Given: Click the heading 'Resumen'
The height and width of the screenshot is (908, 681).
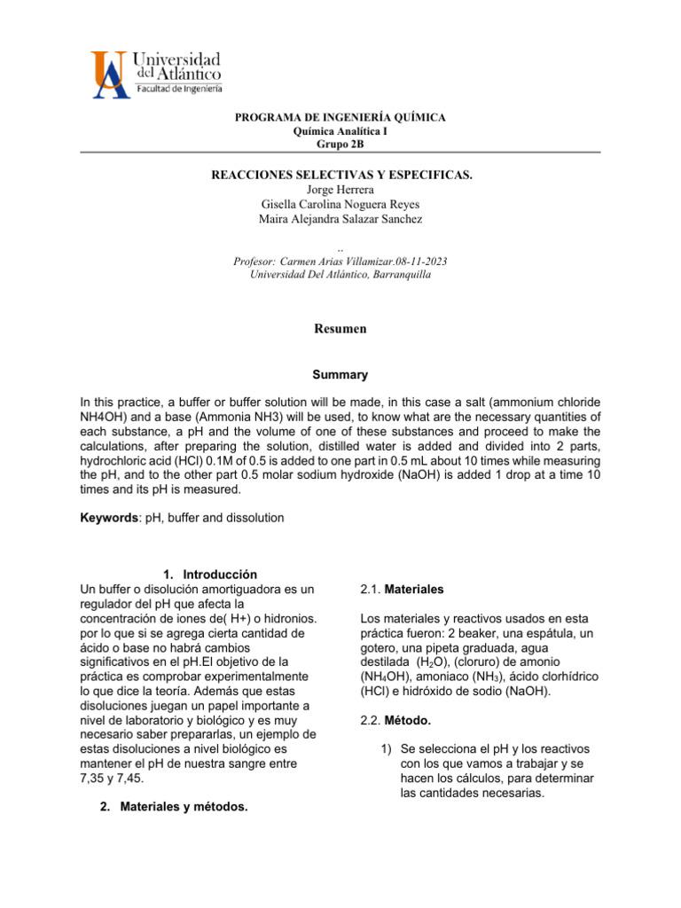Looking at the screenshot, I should [340, 328].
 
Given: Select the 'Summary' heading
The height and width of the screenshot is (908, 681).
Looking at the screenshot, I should [340, 375].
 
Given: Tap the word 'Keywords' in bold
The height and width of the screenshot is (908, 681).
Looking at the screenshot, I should [106, 517].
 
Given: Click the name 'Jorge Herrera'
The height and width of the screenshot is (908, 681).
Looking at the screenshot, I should [340, 189].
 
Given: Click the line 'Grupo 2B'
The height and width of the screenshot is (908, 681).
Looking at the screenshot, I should [340, 144].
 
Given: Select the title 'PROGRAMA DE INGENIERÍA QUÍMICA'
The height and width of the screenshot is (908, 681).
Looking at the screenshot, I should [340, 118].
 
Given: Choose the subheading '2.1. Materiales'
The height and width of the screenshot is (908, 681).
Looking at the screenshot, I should [403, 589].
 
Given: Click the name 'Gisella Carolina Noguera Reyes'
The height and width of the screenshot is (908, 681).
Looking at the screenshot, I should [340, 204].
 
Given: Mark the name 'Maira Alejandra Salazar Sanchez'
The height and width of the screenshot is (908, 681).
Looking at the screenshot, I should [340, 219].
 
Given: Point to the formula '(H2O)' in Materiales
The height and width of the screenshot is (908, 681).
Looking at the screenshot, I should [427, 661].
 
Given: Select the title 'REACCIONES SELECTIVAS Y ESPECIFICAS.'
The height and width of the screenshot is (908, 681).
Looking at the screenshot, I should [340, 175].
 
